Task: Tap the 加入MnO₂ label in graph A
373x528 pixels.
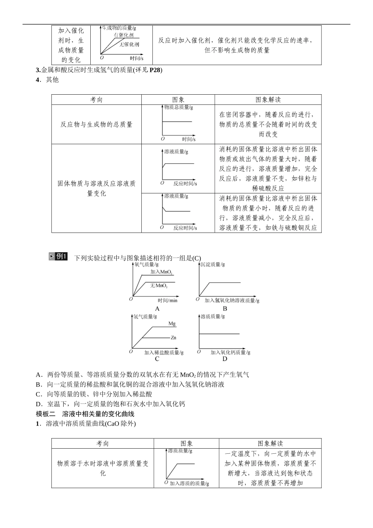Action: (161, 272)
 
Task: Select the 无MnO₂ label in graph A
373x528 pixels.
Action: (159, 286)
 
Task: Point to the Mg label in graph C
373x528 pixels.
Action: (172, 324)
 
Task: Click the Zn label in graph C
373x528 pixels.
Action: (173, 337)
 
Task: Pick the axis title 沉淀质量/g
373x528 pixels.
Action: (212, 265)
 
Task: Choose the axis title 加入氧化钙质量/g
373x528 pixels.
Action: (230, 352)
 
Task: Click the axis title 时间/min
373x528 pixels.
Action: (168, 301)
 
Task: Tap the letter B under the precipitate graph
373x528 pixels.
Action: (225, 309)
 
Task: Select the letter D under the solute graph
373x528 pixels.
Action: (225, 359)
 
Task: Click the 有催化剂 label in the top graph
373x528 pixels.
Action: (124, 35)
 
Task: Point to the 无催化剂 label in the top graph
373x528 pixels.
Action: (129, 44)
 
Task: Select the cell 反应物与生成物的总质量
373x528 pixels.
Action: (97, 125)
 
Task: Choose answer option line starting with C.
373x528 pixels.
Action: (94, 394)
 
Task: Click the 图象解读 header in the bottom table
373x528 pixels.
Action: (270, 444)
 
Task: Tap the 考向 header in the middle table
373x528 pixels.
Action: (97, 100)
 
